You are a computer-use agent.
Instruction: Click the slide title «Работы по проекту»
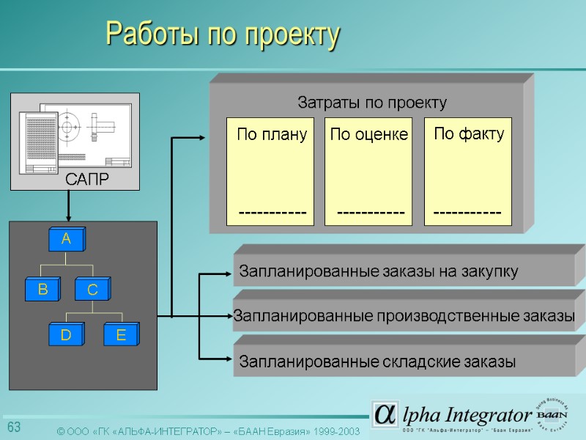coord(223,34)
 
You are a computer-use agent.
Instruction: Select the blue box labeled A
coord(66,239)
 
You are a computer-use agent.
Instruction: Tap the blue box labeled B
coord(42,290)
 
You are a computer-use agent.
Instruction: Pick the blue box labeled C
coord(92,290)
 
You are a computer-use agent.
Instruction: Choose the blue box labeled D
coord(66,335)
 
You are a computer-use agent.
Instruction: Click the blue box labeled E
coord(121,335)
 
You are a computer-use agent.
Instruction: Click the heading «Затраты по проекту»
coord(371,102)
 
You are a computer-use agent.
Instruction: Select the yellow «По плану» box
coord(270,171)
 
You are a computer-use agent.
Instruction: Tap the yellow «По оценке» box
coord(368,171)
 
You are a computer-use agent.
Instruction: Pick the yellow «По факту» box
coord(468,171)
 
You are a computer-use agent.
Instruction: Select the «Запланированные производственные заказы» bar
coord(404,317)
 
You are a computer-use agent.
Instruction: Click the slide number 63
coord(14,428)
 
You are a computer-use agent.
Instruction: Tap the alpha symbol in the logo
coord(385,414)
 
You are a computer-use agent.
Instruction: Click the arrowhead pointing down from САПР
coord(67,216)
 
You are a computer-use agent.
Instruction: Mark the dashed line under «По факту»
coord(467,213)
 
